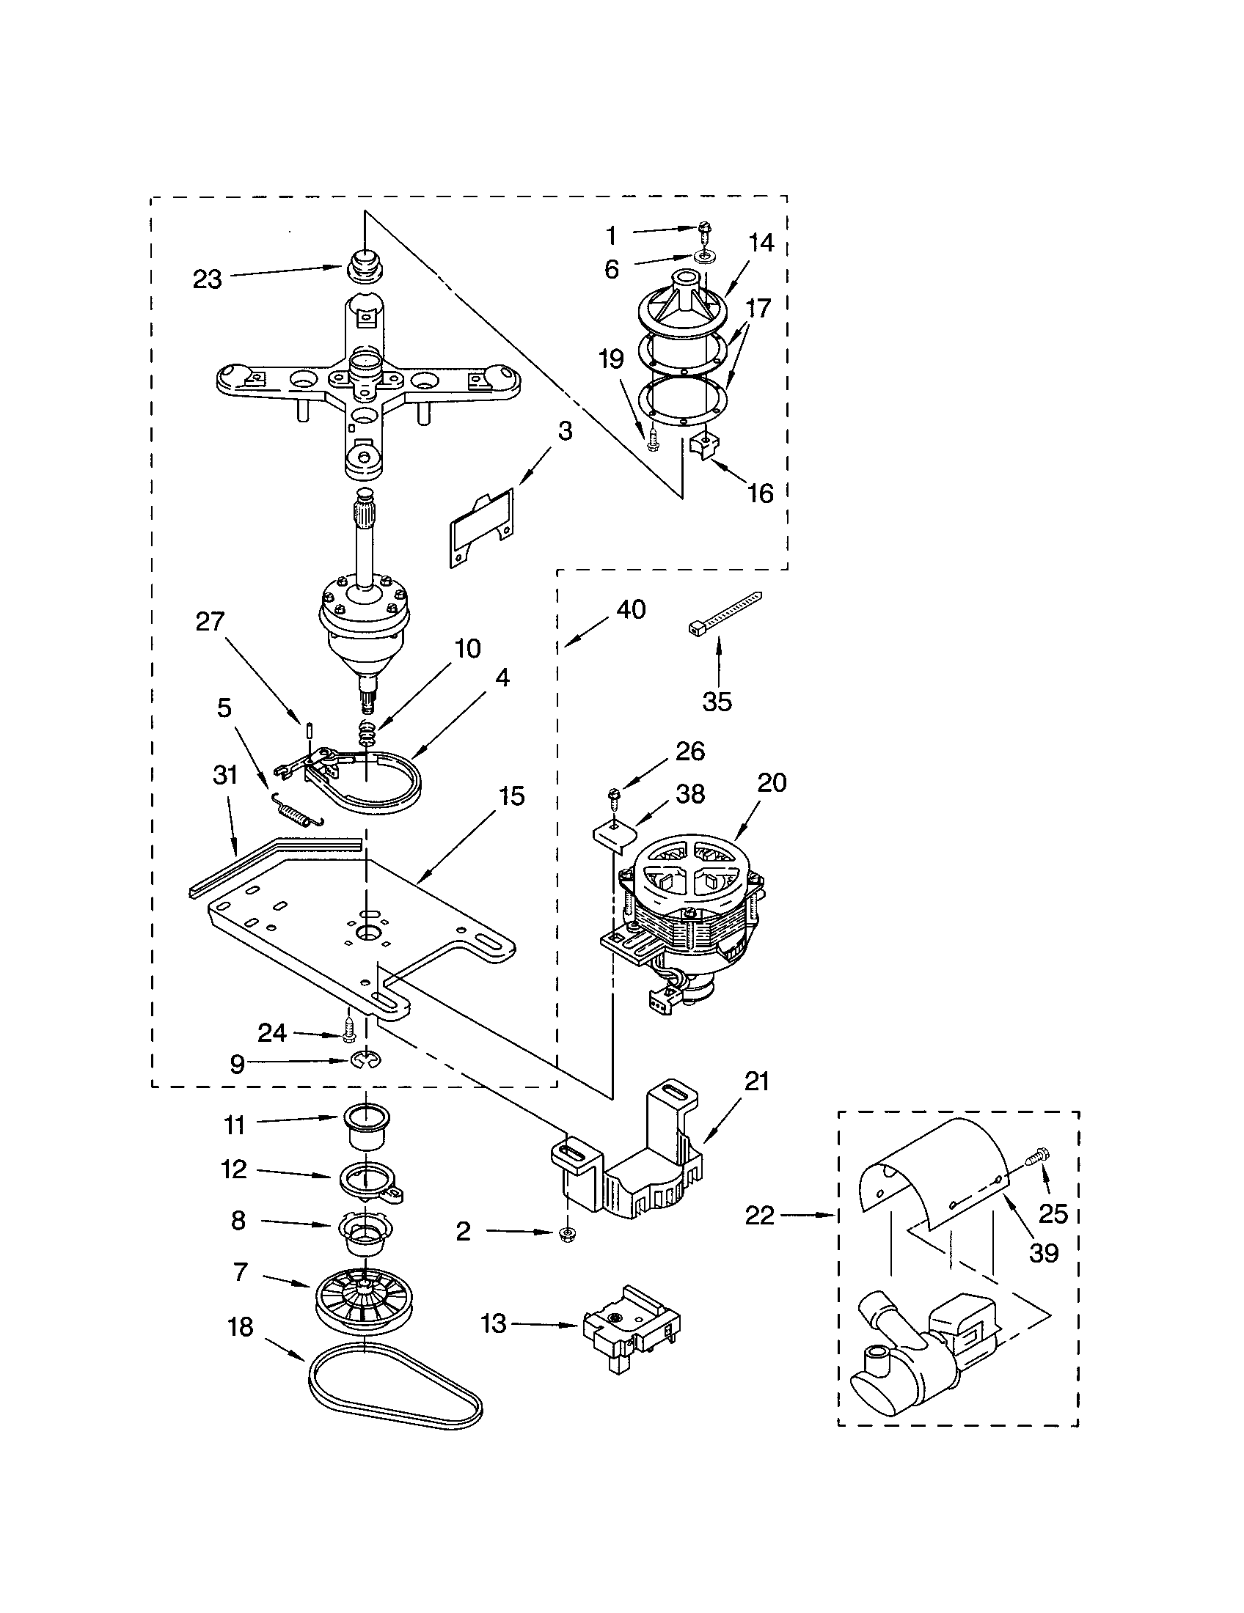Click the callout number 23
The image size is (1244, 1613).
207,279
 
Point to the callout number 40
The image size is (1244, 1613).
630,609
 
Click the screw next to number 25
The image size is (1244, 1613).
1039,1155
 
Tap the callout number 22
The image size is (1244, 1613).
759,1215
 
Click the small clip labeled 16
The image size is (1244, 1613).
702,446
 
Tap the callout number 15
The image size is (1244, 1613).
511,796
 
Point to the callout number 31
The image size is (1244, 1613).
224,775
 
